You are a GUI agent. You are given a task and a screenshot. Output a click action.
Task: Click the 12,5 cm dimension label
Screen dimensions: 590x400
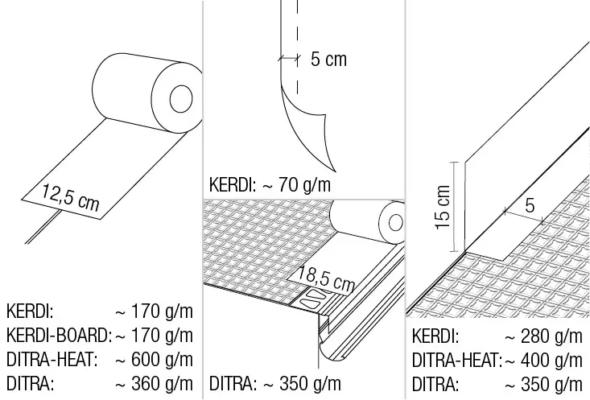(70, 197)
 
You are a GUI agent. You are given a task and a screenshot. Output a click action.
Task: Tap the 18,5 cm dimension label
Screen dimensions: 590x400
(326, 278)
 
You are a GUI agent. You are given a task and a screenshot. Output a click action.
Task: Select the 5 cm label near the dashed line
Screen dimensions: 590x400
(328, 60)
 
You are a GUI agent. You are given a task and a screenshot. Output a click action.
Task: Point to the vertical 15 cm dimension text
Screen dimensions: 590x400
(444, 207)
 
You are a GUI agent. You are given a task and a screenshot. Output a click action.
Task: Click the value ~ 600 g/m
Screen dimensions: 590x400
(155, 360)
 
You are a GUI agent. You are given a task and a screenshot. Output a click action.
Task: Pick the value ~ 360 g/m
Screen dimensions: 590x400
(155, 383)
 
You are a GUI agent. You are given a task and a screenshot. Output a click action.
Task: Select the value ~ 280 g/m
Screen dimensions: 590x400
(543, 336)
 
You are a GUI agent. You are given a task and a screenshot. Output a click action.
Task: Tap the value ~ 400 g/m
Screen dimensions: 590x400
(543, 360)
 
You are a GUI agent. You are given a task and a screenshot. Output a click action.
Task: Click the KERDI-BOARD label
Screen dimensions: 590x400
(60, 336)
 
